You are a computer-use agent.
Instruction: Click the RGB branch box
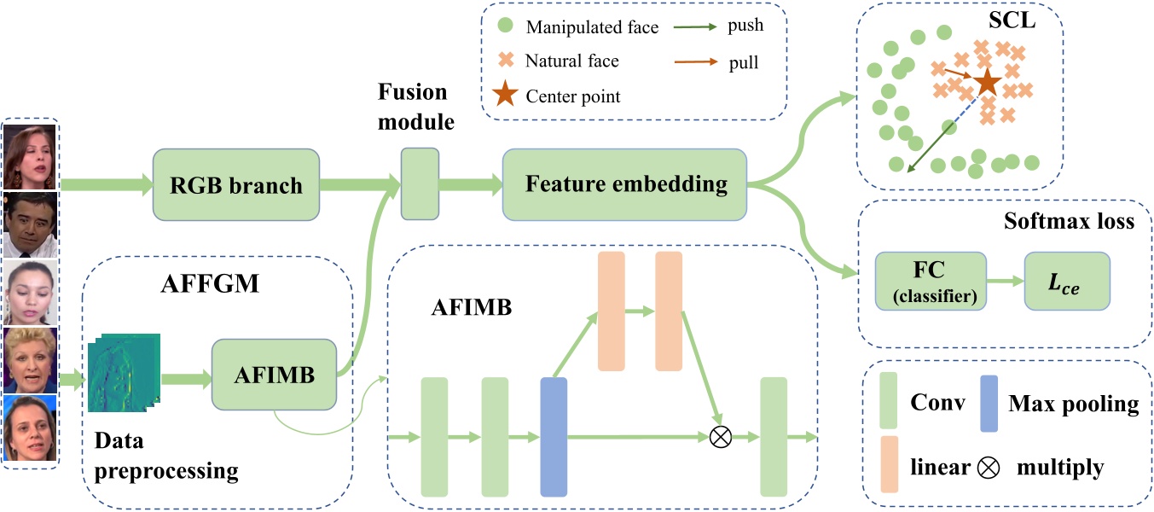[x=236, y=184]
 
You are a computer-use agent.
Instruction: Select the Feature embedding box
[x=625, y=183]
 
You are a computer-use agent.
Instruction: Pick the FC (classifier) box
[x=930, y=281]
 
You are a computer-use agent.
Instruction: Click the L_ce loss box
[x=1066, y=281]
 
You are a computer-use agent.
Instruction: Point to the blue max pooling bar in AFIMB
[x=554, y=437]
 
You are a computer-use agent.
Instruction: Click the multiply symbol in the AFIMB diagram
[x=721, y=438]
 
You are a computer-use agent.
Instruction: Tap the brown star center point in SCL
[x=987, y=83]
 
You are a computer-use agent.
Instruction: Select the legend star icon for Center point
[x=505, y=96]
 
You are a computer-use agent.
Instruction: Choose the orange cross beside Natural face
[x=506, y=61]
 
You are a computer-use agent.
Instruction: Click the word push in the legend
[x=745, y=25]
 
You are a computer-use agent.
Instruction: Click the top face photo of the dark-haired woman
[x=31, y=156]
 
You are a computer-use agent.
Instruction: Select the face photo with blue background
[x=31, y=428]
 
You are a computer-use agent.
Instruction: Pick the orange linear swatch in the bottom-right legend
[x=890, y=465]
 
